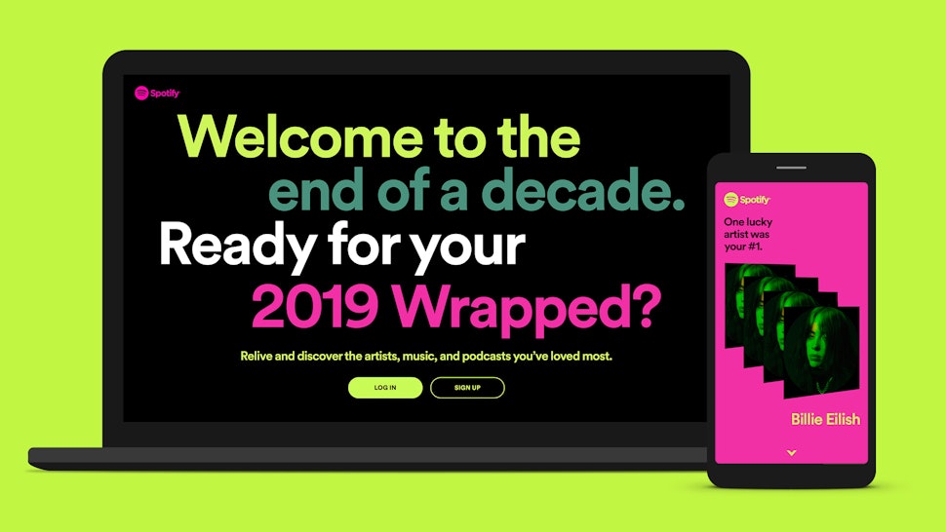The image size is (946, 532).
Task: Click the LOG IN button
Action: tap(385, 388)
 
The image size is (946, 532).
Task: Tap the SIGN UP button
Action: tap(467, 388)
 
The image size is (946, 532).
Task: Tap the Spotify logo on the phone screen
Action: tap(747, 200)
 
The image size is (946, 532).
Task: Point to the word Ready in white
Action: tap(226, 247)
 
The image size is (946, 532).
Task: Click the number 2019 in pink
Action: tap(318, 308)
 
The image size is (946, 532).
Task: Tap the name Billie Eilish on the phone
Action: tap(824, 420)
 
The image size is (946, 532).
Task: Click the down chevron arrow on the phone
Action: tap(791, 452)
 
